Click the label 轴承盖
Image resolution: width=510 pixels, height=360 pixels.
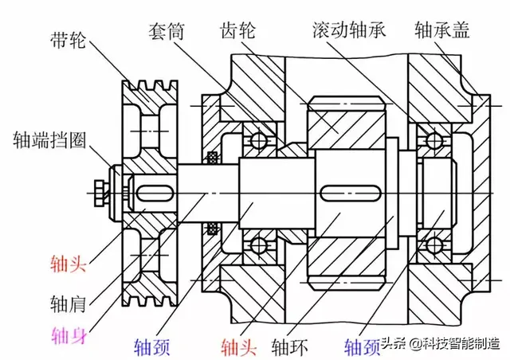[x=442, y=31]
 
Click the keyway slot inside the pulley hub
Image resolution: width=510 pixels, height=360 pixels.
[x=151, y=194]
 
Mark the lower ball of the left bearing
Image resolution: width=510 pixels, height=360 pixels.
[x=257, y=245]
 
